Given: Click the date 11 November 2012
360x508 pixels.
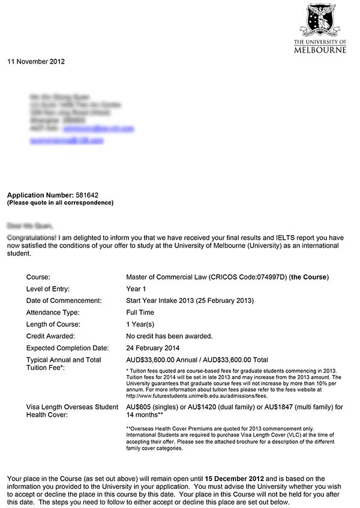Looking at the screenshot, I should pyautogui.click(x=36, y=61).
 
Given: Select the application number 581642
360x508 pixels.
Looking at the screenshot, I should pyautogui.click(x=87, y=196).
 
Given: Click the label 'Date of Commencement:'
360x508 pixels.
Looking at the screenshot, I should pyautogui.click(x=64, y=300).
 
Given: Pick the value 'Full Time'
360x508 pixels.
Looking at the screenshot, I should pyautogui.click(x=140, y=312).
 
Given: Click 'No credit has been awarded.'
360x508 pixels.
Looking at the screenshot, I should pyautogui.click(x=169, y=336).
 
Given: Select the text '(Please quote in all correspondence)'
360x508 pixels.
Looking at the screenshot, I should pyautogui.click(x=60, y=203).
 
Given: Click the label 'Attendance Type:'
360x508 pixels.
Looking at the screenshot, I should pyautogui.click(x=53, y=312).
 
